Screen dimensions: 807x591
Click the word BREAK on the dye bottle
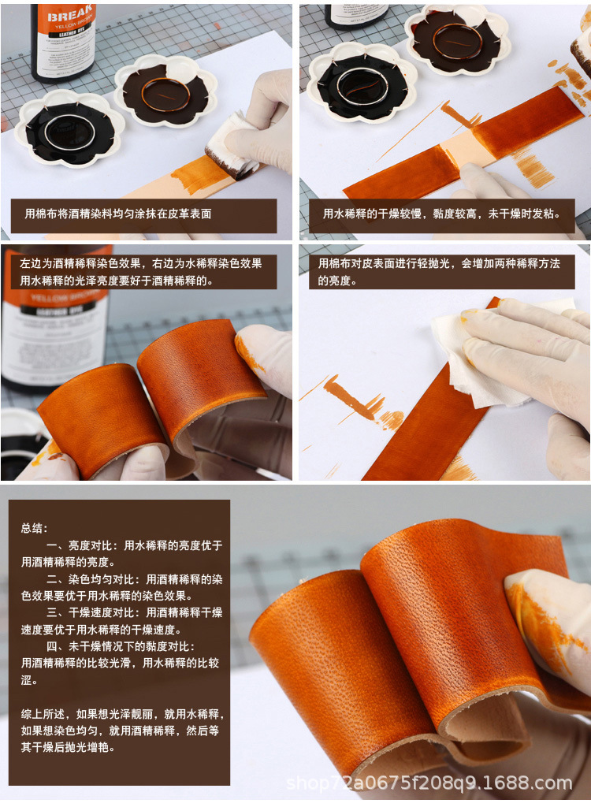pos(70,17)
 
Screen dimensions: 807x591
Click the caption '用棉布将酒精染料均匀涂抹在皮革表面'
pos(118,214)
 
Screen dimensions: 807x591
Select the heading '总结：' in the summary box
pos(35,528)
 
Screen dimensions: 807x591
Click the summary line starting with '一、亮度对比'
pos(122,553)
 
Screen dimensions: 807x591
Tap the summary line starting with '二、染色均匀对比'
pos(122,587)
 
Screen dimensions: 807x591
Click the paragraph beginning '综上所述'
pos(122,730)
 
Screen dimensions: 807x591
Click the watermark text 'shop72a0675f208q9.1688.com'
pos(429,783)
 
